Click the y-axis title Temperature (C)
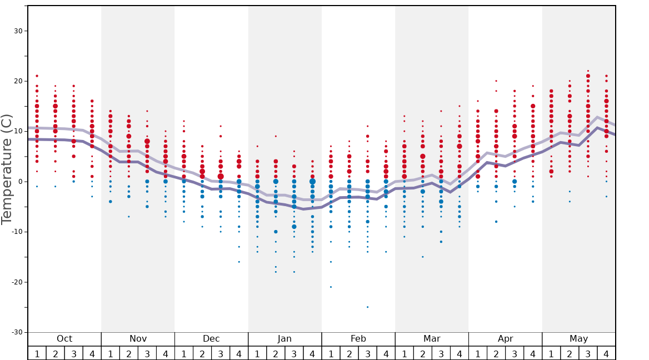(x=7, y=169)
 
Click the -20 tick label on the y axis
(x=16, y=282)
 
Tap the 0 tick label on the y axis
(x=20, y=182)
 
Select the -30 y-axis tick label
(x=16, y=332)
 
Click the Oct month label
(x=64, y=339)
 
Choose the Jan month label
(x=284, y=339)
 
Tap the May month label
(x=578, y=339)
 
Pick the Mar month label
(x=432, y=339)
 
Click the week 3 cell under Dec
(x=221, y=353)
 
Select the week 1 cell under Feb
(x=331, y=353)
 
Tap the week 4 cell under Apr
(x=533, y=353)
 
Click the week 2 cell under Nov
(x=129, y=353)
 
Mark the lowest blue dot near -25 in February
(x=367, y=307)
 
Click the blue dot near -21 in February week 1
(x=331, y=287)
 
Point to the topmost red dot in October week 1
(x=37, y=76)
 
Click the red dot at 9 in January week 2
(x=276, y=136)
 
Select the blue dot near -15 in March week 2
(x=422, y=257)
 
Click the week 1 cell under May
(x=551, y=353)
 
